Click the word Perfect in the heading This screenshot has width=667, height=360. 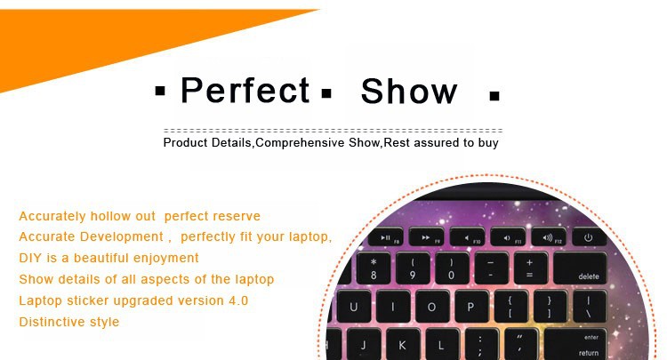pos(245,90)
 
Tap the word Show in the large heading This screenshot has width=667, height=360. pos(409,91)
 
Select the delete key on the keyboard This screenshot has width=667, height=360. pos(580,268)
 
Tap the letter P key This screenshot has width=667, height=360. pos(470,307)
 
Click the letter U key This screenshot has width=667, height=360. pos(353,307)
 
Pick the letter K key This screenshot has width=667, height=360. pos(402,345)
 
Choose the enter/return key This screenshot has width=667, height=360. pos(575,345)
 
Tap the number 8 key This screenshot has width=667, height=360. pos(374,268)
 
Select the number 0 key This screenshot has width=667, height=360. pos(452,268)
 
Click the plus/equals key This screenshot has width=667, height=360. pos(530,268)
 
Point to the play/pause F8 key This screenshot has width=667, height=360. pos(386,237)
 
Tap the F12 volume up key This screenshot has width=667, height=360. pos(549,237)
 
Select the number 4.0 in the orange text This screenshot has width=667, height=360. pos(238,300)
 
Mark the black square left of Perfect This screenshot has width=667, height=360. pos(160,91)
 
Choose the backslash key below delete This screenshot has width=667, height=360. pos(589,307)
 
